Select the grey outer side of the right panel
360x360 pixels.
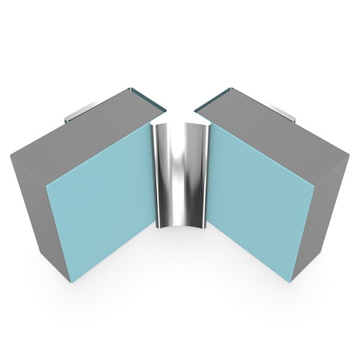333,198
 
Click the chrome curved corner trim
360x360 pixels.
180,174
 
